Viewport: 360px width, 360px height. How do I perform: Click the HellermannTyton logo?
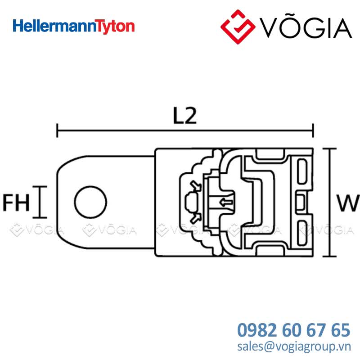[74, 27]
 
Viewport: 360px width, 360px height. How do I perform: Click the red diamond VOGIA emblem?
[238, 27]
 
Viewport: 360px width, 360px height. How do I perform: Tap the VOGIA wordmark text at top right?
[306, 27]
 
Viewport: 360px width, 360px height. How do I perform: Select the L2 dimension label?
[185, 116]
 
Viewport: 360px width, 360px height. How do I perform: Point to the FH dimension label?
[16, 202]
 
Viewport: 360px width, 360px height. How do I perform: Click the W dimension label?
[348, 203]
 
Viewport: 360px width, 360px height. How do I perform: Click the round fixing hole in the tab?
[91, 202]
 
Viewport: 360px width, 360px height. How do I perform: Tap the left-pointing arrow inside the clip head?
[226, 202]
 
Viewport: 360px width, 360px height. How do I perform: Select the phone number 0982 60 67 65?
[294, 330]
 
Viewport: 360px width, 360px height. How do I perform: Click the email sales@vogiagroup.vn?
[294, 346]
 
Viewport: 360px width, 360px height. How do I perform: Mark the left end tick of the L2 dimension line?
[57, 130]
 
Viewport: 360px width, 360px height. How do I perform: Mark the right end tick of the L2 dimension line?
[313, 130]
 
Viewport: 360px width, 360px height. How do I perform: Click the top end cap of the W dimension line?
[330, 149]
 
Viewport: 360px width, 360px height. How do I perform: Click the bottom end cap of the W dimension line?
[330, 256]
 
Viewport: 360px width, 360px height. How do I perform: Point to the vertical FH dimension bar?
[40, 202]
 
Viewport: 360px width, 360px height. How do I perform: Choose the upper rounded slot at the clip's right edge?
[302, 171]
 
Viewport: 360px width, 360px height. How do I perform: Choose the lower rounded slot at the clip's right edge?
[302, 233]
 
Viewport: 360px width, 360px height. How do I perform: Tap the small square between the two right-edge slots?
[301, 202]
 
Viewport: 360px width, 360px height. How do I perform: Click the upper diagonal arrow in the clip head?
[195, 185]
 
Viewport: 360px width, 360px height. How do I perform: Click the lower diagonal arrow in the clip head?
[195, 218]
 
